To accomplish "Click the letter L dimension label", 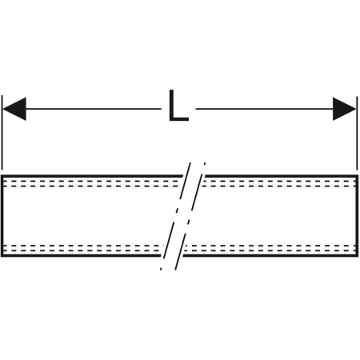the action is pos(178,106).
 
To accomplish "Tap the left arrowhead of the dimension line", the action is pos(14,109).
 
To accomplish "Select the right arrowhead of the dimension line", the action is pos(345,109).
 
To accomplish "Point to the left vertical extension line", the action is pos(2,133).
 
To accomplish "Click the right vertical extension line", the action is pos(357,133).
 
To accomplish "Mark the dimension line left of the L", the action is pos(94,109).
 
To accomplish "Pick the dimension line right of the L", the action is pos(265,109).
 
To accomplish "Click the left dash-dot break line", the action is pos(175,216).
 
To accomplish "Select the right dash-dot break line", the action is pos(190,216).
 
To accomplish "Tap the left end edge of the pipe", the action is pos(2,216).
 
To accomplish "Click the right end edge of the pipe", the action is pos(357,216).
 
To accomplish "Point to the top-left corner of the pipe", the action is pos(1,175).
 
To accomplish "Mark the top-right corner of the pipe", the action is pos(358,175).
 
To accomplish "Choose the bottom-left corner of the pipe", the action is pos(1,257).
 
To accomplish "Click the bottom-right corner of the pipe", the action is pos(358,257).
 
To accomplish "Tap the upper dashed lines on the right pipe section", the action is pos(279,183).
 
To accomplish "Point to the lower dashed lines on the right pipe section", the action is pos(270,248).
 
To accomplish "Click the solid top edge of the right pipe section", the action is pos(281,176).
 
